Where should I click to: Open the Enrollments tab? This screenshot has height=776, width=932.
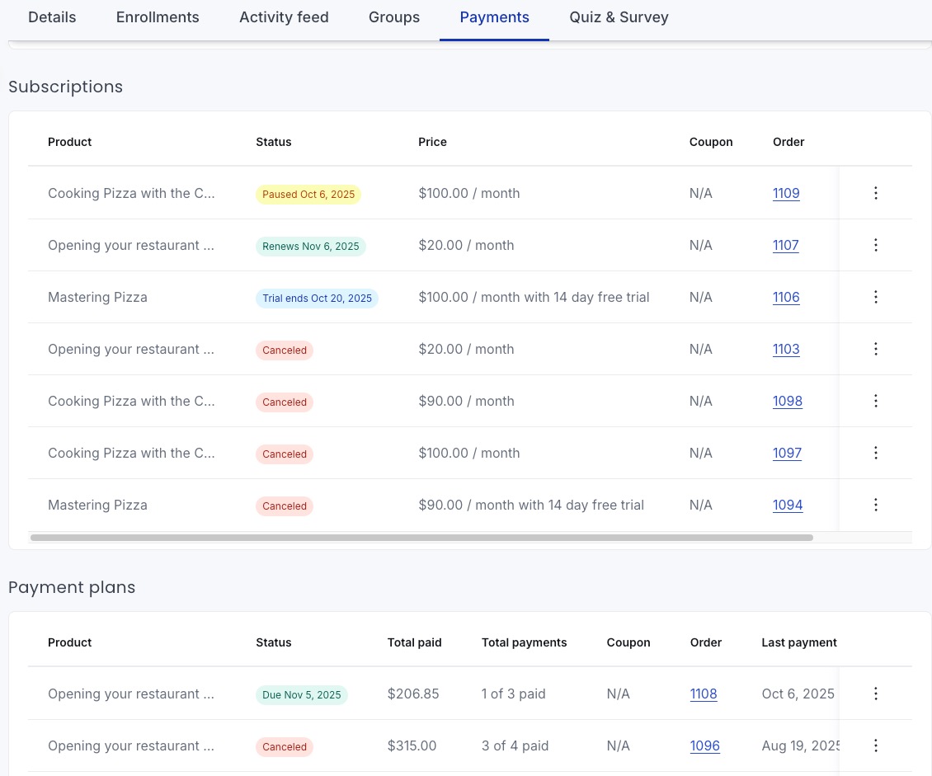coord(158,17)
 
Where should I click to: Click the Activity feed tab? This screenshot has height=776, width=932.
coord(284,17)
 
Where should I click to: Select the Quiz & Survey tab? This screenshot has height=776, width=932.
coord(619,17)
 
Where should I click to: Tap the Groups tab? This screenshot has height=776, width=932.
coord(394,17)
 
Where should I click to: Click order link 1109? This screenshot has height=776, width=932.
coord(786,193)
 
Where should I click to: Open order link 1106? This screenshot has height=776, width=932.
coord(786,297)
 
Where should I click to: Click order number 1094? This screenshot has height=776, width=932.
coord(788,505)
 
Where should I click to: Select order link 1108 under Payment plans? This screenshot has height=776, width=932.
coord(704,694)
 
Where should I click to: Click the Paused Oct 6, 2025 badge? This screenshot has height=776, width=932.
coord(308,195)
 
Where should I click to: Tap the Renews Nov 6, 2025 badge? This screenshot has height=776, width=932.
coord(311,247)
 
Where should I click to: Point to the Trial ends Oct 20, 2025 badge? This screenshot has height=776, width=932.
coord(317,299)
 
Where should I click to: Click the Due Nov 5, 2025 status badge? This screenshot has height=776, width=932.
coord(301,695)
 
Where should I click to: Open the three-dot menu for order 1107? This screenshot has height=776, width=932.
coord(876,245)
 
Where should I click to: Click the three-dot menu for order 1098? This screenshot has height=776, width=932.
coord(876,401)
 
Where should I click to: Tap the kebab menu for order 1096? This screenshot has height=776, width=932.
coord(876,745)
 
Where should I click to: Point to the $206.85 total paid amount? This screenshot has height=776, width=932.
coord(413,694)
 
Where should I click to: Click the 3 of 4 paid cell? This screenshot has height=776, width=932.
coord(515,745)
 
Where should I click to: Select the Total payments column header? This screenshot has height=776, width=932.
coord(524,642)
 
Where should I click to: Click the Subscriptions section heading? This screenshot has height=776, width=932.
coord(65,87)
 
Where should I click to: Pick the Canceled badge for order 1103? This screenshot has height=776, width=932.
coord(284,350)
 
